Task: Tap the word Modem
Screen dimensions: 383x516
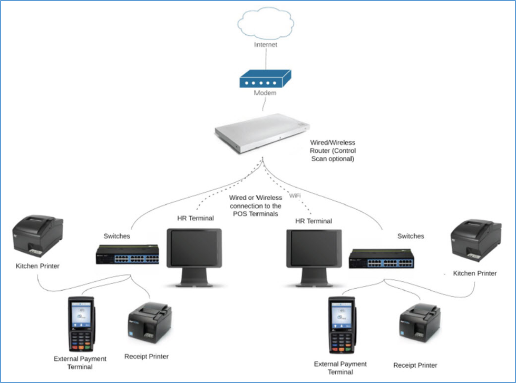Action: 265,93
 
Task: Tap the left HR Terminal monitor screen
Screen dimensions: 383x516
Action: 194,250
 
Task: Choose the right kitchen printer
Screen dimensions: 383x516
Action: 475,240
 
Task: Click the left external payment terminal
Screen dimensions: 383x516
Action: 81,325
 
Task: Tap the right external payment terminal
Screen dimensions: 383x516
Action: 340,326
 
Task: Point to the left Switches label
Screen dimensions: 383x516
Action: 116,236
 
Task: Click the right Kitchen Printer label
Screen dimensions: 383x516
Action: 475,273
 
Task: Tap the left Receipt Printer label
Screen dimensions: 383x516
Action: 147,357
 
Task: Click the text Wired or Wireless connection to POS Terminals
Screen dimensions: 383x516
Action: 256,205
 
